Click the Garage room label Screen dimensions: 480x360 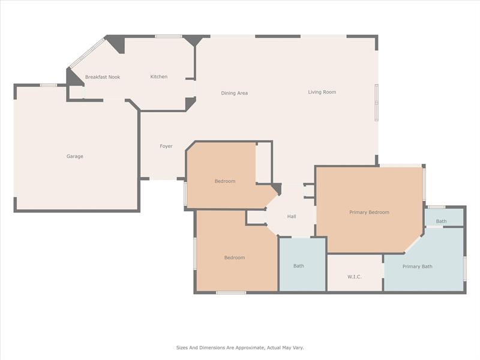(75, 157)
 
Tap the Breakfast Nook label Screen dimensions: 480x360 (103, 77)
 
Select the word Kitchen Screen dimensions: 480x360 (159, 77)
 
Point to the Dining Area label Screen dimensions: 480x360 (235, 93)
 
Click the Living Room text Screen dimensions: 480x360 (322, 92)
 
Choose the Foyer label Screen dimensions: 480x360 (166, 146)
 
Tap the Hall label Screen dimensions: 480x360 (292, 217)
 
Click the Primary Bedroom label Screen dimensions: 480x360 (370, 212)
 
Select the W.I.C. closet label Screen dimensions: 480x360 (355, 277)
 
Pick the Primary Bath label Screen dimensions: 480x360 (418, 266)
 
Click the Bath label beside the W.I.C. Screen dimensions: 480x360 (299, 266)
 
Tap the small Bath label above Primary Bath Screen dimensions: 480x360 (442, 221)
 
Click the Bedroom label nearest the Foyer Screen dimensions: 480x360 (225, 181)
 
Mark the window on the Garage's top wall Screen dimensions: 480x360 (49, 85)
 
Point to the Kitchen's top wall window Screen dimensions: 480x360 (169, 37)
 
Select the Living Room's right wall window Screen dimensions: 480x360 (377, 103)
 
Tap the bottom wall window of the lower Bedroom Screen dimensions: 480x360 (231, 293)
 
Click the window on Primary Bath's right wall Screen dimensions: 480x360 (464, 268)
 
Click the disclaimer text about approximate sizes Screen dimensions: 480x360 (240, 348)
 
